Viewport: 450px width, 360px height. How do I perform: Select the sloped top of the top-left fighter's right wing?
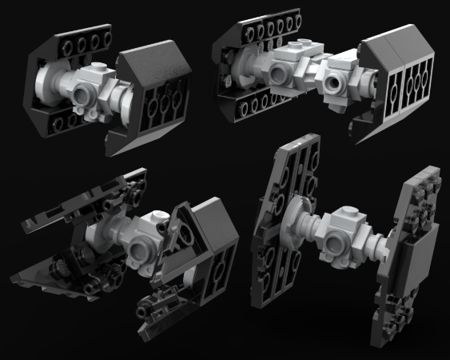click(152, 65)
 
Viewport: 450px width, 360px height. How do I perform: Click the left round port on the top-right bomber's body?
click(279, 75)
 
